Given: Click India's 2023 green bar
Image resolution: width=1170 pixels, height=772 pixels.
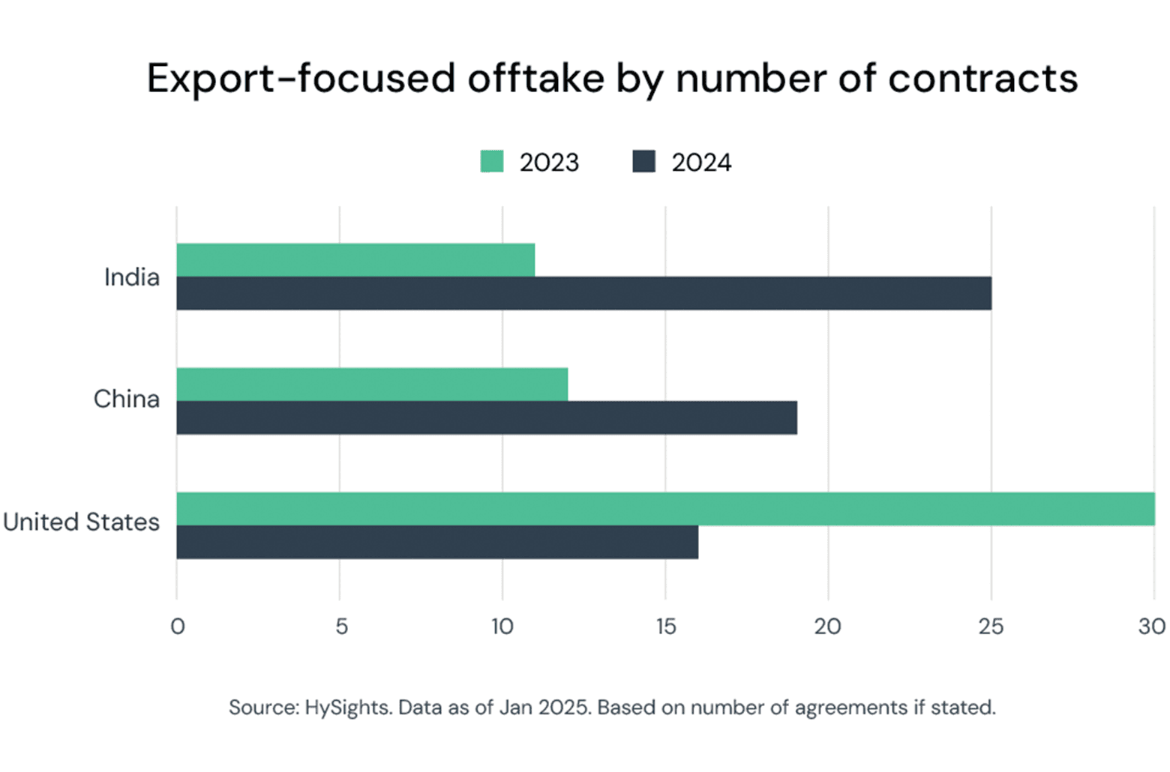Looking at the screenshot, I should click(x=355, y=260).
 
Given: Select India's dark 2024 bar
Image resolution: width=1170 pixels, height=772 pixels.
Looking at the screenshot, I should click(x=583, y=293).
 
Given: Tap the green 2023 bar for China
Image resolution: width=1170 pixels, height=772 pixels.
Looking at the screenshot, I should click(x=372, y=385).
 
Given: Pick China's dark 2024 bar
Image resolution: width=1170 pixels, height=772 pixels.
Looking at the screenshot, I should click(x=487, y=417).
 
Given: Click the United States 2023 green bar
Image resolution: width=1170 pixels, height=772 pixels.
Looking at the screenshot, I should click(x=665, y=509).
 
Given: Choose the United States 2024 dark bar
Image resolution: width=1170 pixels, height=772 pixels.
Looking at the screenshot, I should click(x=437, y=542).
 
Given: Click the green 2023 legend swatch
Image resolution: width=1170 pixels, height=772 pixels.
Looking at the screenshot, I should click(x=492, y=162).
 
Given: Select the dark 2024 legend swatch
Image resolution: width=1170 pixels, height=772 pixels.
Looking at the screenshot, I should click(x=643, y=162).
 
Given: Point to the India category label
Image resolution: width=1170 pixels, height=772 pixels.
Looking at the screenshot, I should click(x=132, y=277).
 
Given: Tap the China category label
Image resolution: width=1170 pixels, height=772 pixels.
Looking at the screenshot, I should click(x=126, y=399).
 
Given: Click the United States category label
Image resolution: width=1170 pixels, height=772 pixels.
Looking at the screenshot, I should click(x=81, y=522).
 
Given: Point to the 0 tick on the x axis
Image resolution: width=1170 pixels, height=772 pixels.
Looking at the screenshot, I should click(x=178, y=627).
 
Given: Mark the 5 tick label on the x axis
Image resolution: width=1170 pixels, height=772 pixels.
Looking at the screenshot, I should click(x=341, y=627).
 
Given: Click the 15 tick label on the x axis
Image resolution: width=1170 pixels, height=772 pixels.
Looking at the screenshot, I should click(x=666, y=627).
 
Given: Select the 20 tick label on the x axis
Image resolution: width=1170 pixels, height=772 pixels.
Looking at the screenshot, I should click(x=828, y=627).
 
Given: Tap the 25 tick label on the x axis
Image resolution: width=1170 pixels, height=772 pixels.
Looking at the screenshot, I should click(x=991, y=627).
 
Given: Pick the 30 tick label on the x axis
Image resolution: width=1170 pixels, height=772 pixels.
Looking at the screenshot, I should click(x=1152, y=627).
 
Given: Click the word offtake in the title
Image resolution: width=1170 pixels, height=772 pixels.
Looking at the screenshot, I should click(x=535, y=78).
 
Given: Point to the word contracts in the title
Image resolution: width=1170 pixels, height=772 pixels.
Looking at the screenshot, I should click(x=982, y=78).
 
